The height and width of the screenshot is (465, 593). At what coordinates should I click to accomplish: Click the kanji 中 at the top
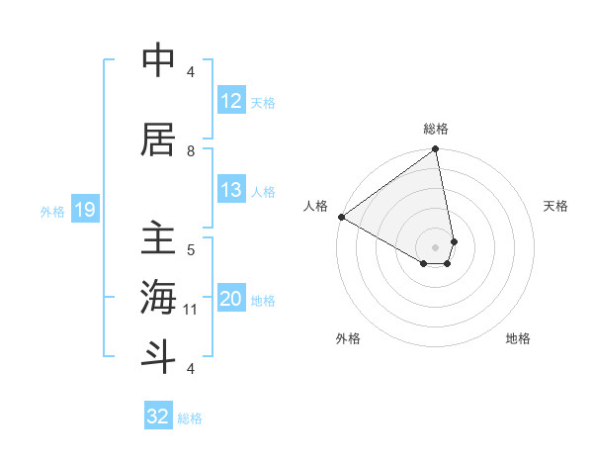[158, 61]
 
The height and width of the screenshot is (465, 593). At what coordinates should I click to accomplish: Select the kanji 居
[158, 140]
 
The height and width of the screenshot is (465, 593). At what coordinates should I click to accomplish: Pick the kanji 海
[158, 298]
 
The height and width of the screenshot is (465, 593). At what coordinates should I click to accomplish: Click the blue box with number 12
[230, 101]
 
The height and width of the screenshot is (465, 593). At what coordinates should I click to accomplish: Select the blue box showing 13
[230, 190]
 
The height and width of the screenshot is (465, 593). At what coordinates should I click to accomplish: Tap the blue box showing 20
[230, 299]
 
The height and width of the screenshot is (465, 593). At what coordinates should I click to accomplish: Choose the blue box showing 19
[84, 210]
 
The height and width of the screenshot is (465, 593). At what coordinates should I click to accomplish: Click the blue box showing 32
[158, 417]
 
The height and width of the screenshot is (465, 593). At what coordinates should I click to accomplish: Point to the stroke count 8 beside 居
[191, 150]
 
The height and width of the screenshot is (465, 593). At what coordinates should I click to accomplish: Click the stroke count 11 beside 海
[191, 310]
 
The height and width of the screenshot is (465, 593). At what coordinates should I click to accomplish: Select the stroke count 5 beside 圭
[191, 249]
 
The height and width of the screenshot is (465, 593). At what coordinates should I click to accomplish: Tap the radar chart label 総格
[436, 129]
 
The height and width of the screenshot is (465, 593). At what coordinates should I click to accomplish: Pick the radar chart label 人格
[316, 206]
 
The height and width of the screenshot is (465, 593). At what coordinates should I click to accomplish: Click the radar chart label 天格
[555, 206]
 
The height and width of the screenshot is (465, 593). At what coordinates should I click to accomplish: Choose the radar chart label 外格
[348, 338]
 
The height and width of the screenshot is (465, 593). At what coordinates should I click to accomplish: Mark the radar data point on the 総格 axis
[436, 150]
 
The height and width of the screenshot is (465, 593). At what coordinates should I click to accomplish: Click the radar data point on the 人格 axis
[341, 217]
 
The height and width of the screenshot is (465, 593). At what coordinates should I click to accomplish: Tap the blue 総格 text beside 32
[190, 418]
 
